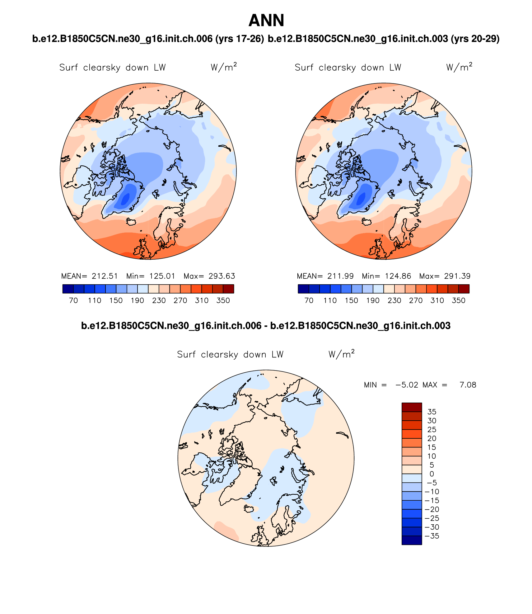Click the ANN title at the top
point(266,21)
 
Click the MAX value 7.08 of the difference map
point(468,385)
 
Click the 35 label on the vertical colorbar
point(432,412)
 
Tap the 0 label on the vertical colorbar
point(432,474)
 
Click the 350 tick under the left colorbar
point(223,300)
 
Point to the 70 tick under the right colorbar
point(309,300)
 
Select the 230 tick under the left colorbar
point(159,300)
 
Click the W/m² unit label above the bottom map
point(341,354)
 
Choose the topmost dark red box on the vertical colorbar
point(412,407)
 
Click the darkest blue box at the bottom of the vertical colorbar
point(412,540)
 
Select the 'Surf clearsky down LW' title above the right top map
point(348,68)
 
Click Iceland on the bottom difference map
point(249,509)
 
